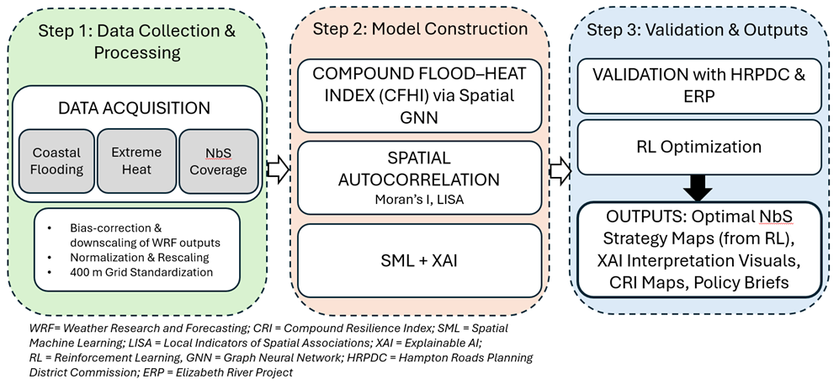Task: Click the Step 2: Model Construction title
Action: click(420, 29)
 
